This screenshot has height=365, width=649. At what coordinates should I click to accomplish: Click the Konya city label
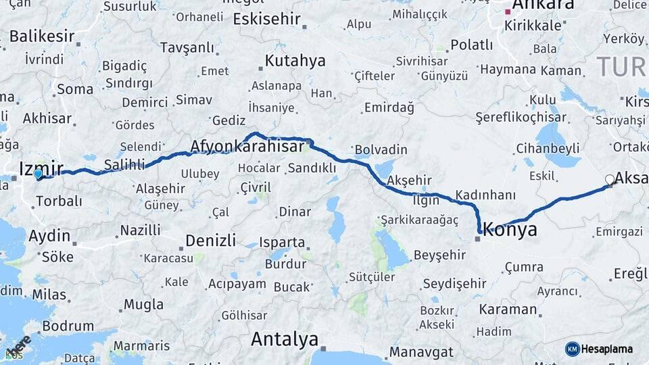click(x=510, y=229)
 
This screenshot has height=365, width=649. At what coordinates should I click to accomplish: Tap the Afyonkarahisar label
click(x=247, y=147)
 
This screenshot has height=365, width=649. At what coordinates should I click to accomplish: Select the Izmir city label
click(x=41, y=168)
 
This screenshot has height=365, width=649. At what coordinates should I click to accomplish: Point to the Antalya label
click(x=285, y=339)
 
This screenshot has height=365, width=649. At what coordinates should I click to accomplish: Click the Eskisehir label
click(x=266, y=19)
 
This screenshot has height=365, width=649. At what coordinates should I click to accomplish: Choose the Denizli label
click(x=210, y=240)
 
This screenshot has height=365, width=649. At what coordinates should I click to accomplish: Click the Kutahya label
click(x=295, y=61)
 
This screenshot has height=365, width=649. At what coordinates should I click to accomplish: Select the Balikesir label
click(x=42, y=36)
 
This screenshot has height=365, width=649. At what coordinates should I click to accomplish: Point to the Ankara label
click(x=544, y=5)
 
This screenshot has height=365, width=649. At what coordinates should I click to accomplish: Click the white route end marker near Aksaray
click(x=610, y=180)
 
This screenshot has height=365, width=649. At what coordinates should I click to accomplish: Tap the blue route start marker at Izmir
click(x=38, y=174)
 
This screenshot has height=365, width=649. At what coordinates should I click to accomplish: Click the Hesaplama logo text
click(x=607, y=349)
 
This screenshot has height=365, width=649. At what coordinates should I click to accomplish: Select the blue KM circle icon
click(x=572, y=349)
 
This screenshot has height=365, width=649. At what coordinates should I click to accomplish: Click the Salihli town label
click(x=124, y=164)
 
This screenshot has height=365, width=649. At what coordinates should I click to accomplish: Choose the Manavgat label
click(x=421, y=352)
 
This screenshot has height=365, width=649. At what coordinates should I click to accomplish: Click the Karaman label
click(x=508, y=310)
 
